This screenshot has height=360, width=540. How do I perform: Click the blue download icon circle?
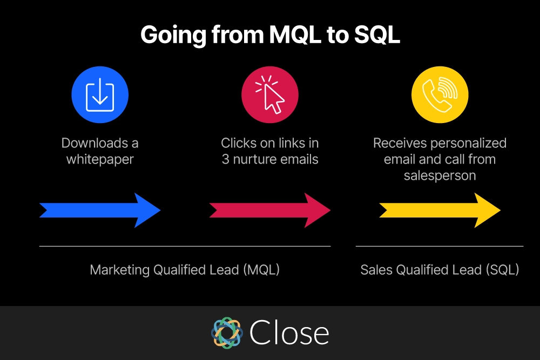pos(100,94)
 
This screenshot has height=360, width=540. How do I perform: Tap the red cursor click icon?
pos(270,94)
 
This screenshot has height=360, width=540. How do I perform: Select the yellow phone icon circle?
pos(440,94)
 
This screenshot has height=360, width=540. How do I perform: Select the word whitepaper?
pos(100,160)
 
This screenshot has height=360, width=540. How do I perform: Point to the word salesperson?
pos(440,176)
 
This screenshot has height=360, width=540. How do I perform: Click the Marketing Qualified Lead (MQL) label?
pos(185,270)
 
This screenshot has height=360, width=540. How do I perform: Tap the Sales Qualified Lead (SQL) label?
pos(440,270)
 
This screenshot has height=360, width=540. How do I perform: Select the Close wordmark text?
pos(289,332)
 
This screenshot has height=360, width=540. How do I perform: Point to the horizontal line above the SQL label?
pos(440,246)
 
